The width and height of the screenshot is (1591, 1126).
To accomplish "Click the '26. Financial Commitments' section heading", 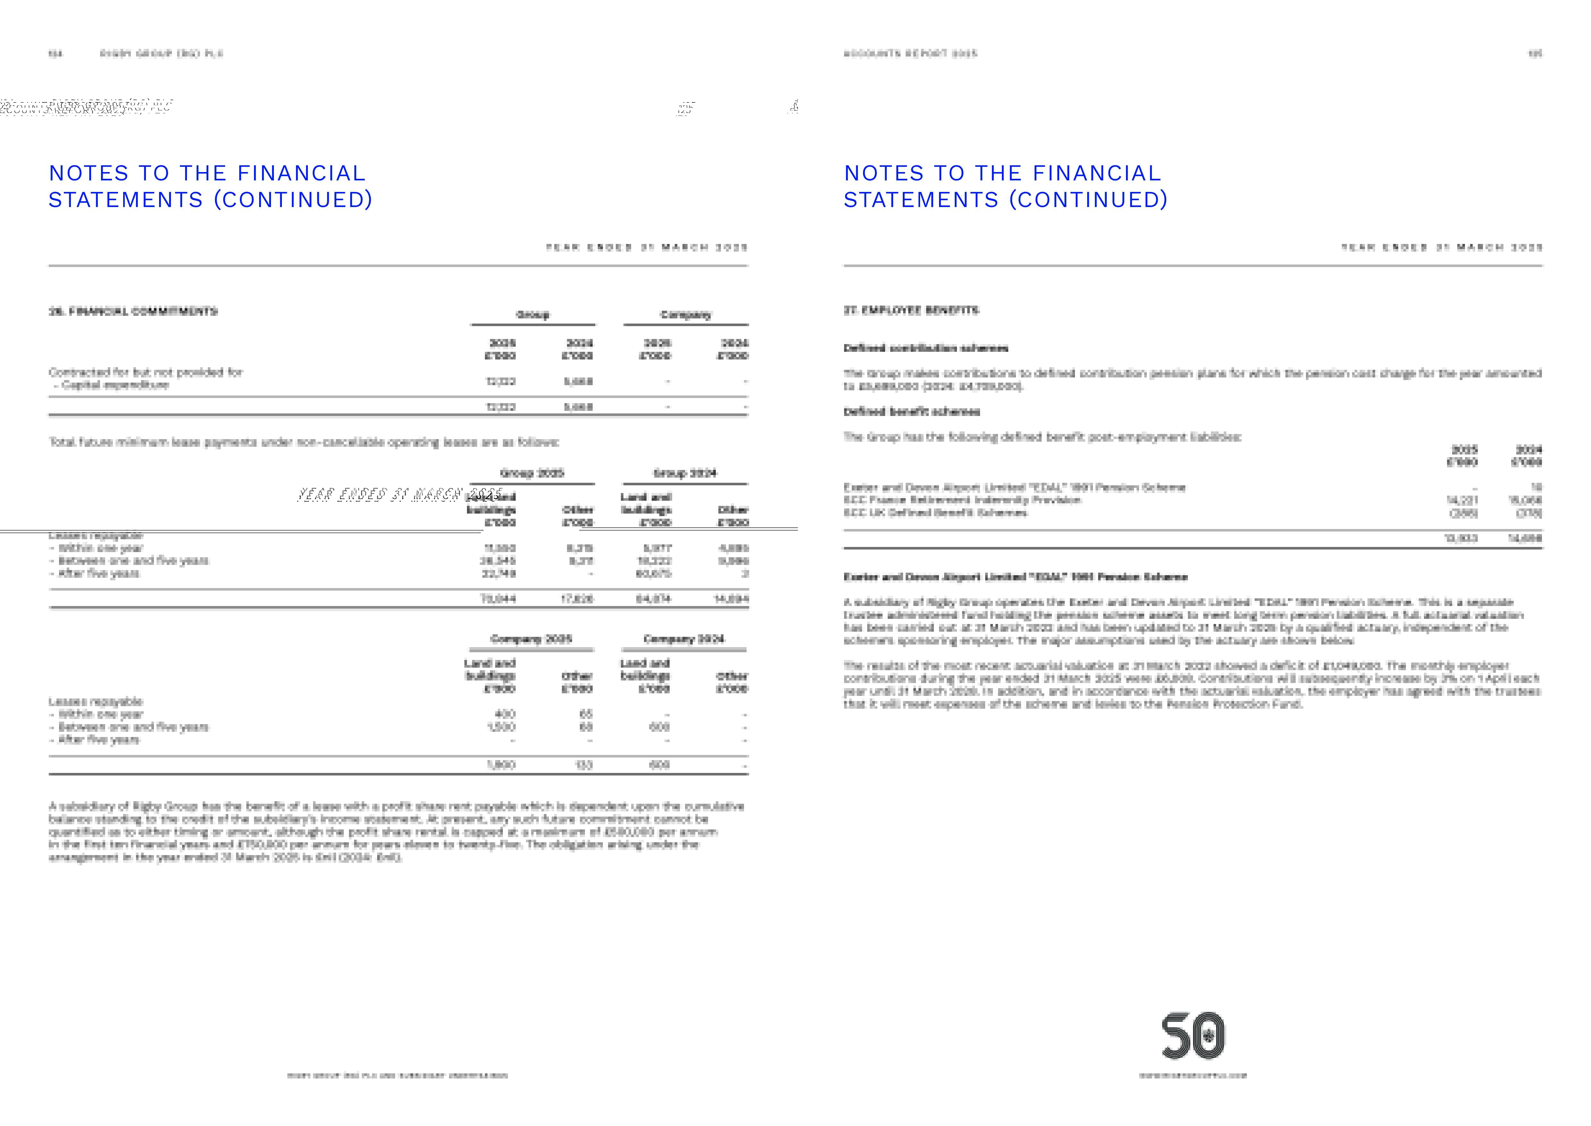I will [133, 311].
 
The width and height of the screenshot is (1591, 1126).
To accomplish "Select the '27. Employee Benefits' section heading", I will [911, 310].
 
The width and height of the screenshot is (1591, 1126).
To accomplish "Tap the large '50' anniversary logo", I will [1193, 1036].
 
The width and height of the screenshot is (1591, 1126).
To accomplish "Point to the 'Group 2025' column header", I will [532, 473].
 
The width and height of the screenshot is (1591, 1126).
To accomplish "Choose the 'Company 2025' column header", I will [531, 638].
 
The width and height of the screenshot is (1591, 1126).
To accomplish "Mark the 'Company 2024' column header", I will [684, 638].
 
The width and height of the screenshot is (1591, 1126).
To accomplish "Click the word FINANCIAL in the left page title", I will [301, 173].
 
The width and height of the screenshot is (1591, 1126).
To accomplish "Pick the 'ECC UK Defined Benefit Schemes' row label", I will [935, 513].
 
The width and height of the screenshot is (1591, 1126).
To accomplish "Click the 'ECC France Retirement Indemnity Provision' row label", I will [962, 500].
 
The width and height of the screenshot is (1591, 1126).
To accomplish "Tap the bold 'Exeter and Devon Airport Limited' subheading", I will [1015, 577].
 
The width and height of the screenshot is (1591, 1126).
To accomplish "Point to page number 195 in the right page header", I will [1535, 53].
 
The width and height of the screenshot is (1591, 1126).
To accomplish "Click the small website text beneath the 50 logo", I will [1193, 1075].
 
